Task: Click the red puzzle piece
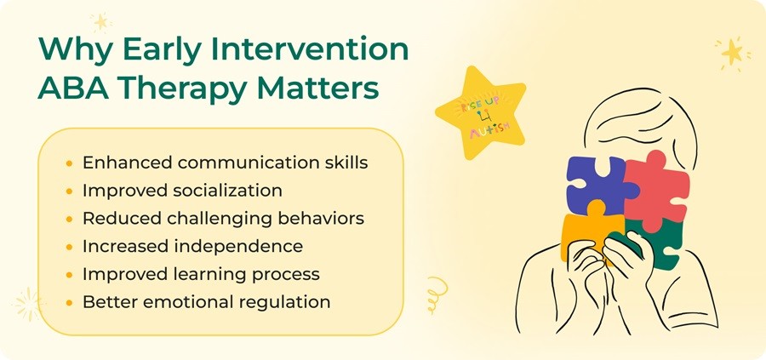pyautogui.click(x=657, y=190)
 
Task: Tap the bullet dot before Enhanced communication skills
pyautogui.click(x=70, y=163)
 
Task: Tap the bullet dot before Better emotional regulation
pyautogui.click(x=70, y=302)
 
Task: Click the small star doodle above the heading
pyautogui.click(x=101, y=21)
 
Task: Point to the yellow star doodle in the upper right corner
pyautogui.click(x=732, y=52)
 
